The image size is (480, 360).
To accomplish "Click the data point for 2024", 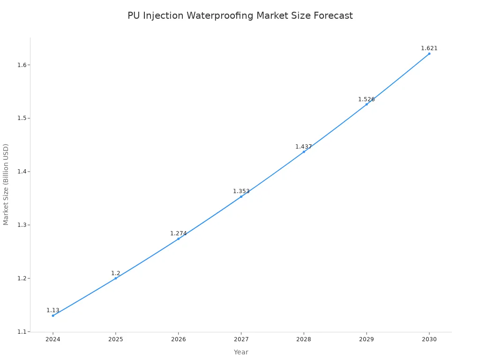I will point(53,315).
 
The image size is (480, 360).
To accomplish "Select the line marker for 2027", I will point(241,196).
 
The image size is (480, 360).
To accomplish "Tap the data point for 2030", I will point(429,53).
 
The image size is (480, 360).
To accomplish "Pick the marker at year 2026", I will point(178,239).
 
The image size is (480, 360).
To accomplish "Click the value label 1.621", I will point(429,48).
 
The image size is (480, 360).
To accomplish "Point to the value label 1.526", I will point(366,99).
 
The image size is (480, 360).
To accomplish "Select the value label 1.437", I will point(303,147).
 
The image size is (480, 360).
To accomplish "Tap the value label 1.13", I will point(53,310).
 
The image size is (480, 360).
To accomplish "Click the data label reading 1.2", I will point(115,273).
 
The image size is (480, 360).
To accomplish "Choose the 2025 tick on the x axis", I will point(115,339).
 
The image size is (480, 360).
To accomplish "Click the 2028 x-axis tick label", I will point(303,339).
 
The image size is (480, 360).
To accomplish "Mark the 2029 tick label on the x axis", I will point(366,339).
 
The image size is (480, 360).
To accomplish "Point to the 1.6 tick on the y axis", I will point(21,65).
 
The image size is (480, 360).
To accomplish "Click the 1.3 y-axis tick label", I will point(21,225).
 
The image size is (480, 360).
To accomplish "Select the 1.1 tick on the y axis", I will point(21,332).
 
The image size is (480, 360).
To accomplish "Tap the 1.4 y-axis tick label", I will point(21,172).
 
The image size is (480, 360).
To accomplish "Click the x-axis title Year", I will point(241,352).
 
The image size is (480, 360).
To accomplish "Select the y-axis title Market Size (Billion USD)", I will point(6,184).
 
